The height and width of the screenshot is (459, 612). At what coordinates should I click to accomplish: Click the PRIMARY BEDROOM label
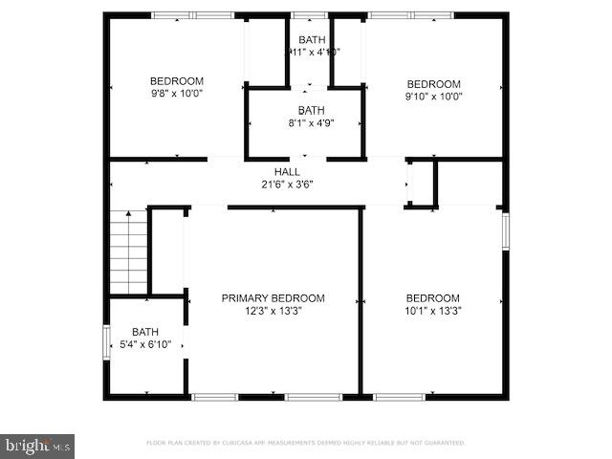coord(273,298)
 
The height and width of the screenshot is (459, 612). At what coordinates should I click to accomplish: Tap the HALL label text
coord(288,171)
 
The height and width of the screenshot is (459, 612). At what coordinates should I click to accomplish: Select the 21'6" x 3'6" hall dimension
coord(288,184)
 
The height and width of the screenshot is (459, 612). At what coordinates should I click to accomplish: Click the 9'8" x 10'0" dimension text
coord(176,94)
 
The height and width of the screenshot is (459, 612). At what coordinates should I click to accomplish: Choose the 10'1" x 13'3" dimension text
coord(432,310)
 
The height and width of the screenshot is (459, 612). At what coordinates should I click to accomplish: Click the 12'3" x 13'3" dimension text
coord(273,310)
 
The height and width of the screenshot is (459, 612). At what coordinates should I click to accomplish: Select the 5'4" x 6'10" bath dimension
coord(145,344)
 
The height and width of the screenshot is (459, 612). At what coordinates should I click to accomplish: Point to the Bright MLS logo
coord(38,445)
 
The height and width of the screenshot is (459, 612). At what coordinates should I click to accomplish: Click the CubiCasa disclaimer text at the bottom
coord(306,443)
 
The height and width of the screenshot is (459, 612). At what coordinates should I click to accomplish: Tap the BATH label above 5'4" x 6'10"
coord(145,332)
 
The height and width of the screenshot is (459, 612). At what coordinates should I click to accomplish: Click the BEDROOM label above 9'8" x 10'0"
coord(176,81)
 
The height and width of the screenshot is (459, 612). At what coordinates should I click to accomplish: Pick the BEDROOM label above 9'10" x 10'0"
coord(433,83)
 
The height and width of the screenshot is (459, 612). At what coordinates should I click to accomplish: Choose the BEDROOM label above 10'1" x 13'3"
coord(432,297)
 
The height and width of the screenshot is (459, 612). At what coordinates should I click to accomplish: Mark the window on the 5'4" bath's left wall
coord(106,342)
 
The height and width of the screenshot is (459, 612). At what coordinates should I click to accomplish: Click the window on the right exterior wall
coord(505,230)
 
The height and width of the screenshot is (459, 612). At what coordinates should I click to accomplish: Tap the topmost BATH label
coord(311,39)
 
